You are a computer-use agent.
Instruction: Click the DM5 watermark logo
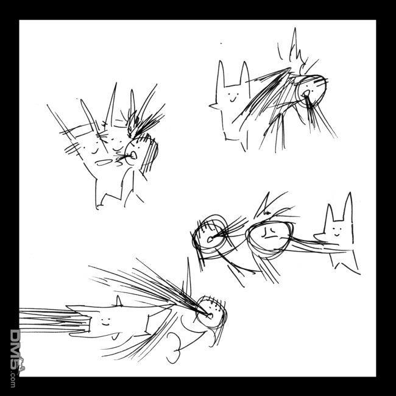tap(16, 358)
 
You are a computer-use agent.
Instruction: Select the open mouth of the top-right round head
tap(306, 94)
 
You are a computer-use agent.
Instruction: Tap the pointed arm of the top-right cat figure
tap(215, 106)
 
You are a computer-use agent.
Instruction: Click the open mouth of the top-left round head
tap(133, 155)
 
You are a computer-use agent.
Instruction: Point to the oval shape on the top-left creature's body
tap(104, 163)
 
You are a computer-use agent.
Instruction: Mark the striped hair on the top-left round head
tap(149, 154)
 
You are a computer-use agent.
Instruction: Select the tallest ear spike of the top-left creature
tap(111, 105)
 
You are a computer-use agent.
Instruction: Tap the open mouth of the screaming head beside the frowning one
tap(210, 239)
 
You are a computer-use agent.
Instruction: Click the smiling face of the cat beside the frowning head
tap(337, 232)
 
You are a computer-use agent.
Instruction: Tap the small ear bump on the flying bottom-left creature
tap(118, 301)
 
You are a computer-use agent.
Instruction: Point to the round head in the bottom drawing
tap(211, 312)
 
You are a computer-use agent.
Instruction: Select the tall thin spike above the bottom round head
tap(188, 278)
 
